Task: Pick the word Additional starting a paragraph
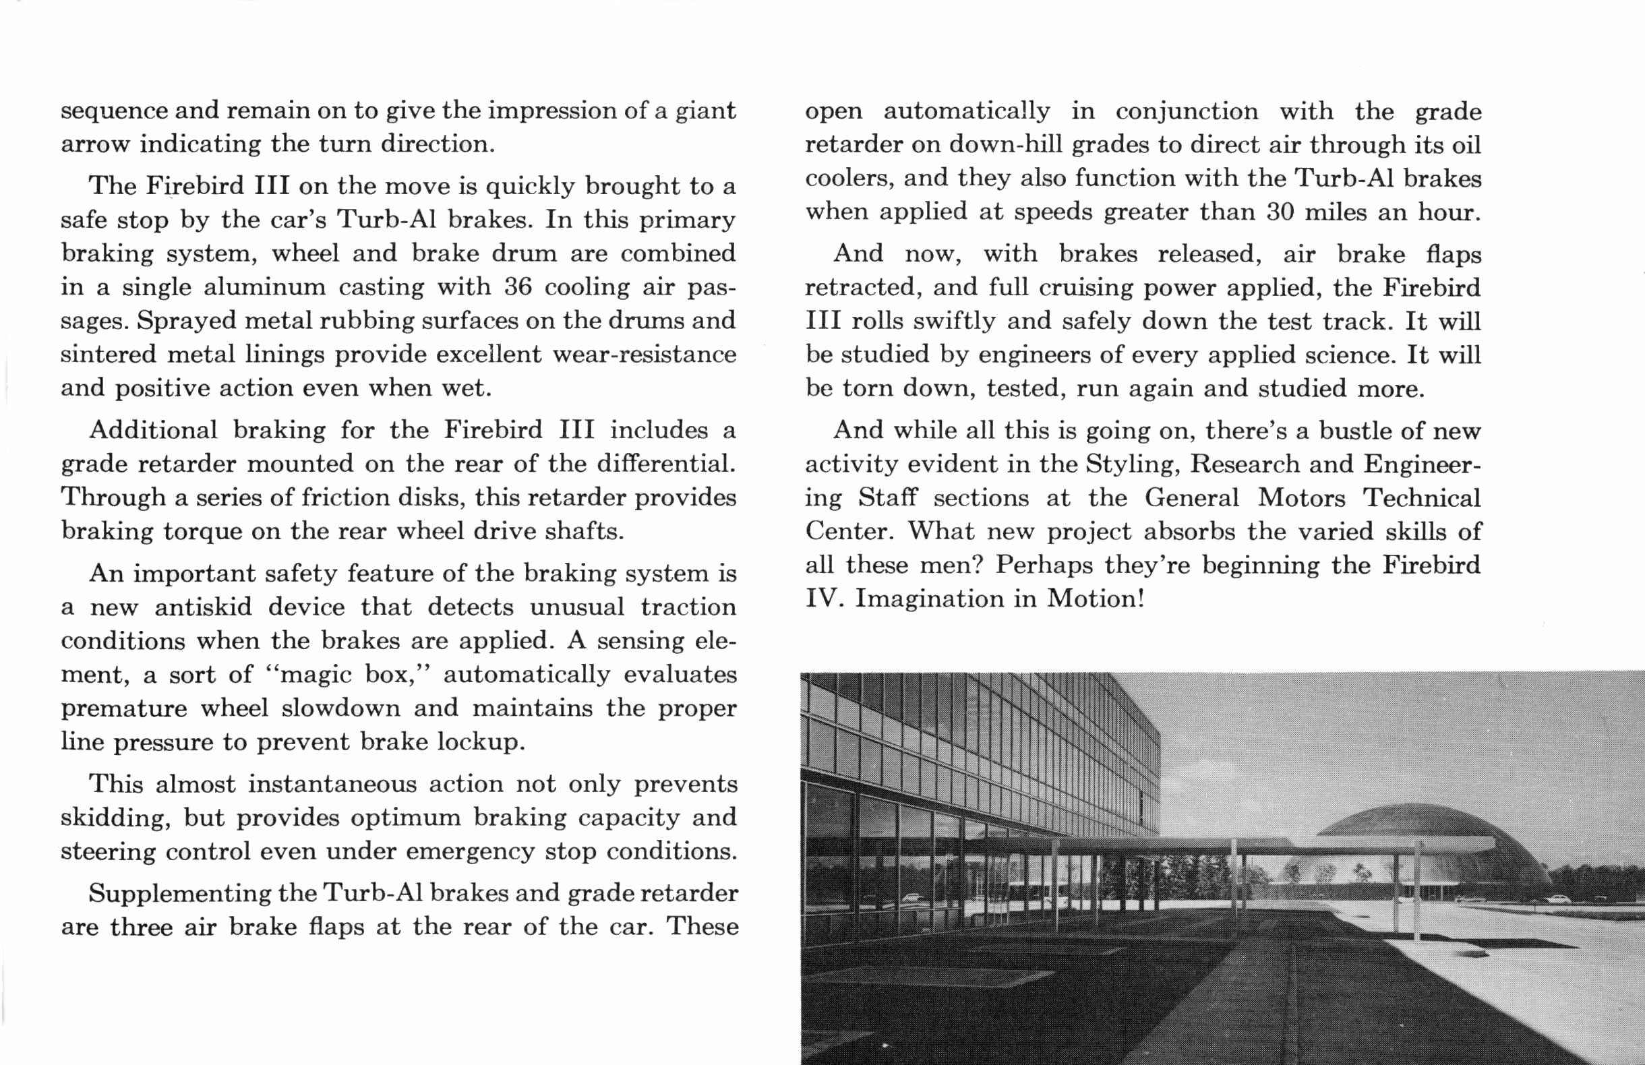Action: tap(153, 430)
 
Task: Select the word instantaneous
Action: tap(332, 784)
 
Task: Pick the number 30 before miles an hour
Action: tap(1280, 212)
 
